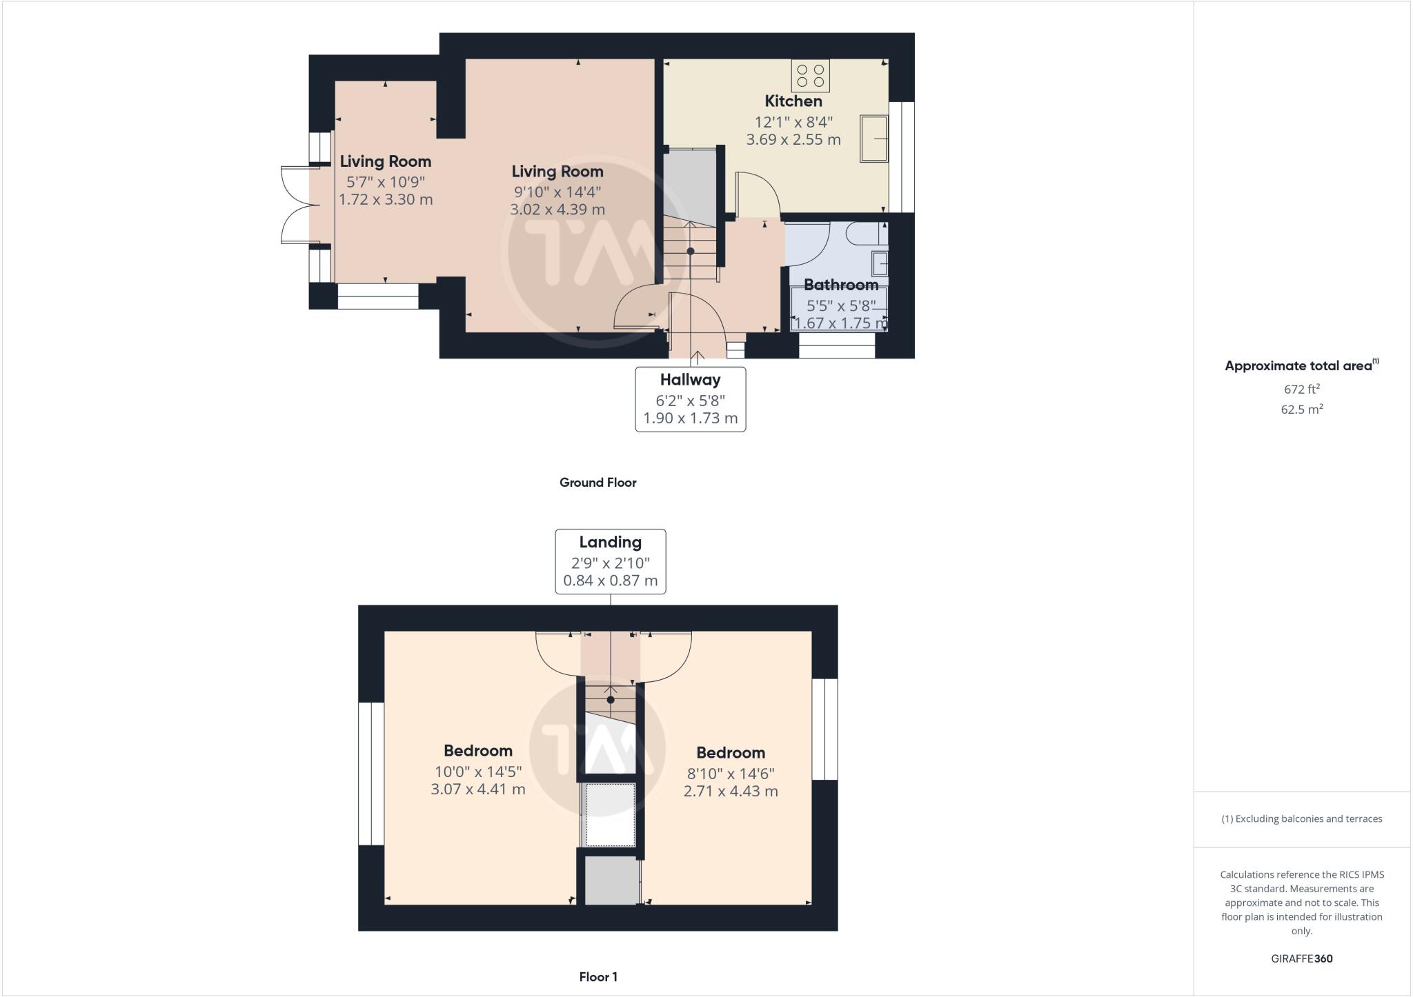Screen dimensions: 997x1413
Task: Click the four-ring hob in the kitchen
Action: coord(811,76)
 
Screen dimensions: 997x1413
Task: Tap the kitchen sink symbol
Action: coord(873,139)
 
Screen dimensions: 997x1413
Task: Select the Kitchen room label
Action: coord(793,101)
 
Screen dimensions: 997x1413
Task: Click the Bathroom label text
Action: coord(840,285)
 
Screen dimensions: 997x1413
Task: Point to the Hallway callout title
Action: coord(690,380)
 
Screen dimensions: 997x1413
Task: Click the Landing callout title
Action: coord(610,542)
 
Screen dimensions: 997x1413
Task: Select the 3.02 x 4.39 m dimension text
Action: coord(557,210)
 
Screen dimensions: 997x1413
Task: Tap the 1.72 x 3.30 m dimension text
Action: coord(386,200)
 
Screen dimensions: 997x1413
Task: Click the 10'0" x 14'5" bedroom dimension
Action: coord(477,771)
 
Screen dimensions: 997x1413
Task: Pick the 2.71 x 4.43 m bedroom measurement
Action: coord(731,792)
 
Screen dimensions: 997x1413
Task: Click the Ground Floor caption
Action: coord(597,483)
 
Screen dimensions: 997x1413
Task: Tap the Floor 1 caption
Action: coord(598,977)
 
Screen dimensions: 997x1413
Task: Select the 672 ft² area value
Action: coord(1301,389)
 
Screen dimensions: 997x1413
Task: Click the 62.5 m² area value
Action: coord(1301,410)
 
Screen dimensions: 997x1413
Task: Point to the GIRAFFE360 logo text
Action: coord(1301,958)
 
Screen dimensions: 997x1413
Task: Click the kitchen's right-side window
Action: coord(901,157)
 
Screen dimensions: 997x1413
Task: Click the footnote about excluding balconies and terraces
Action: coord(1301,819)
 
